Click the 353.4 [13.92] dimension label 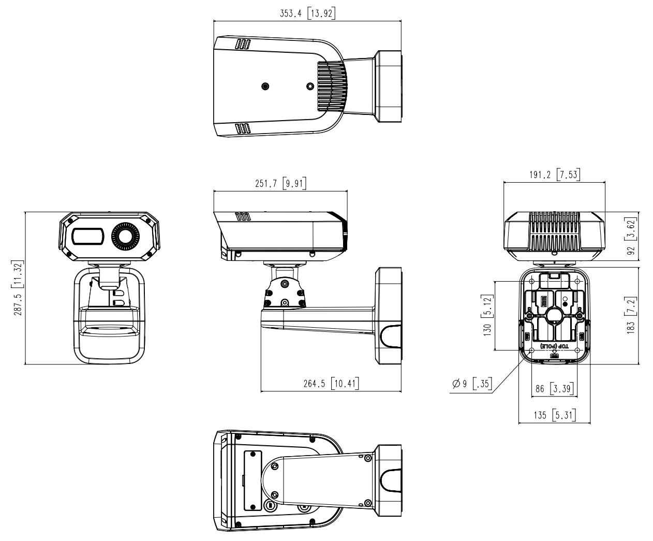tap(307, 14)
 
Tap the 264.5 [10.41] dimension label tap(331, 384)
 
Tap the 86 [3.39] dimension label tap(554, 388)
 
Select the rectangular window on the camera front tap(88, 237)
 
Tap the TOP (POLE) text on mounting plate tap(554, 345)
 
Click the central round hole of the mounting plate tap(554, 315)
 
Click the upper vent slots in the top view tap(243, 45)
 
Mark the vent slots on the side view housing tap(243, 217)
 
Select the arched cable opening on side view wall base tap(391, 335)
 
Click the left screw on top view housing tap(265, 85)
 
